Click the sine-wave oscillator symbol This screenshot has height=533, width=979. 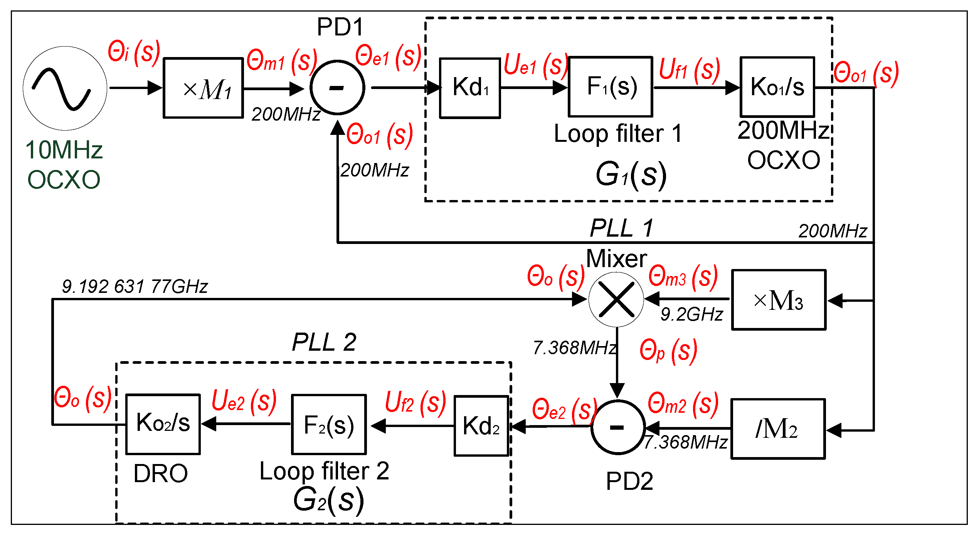pos(65,88)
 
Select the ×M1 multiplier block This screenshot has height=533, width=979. pos(203,88)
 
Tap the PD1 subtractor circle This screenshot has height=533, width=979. pos(337,88)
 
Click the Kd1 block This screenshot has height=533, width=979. pos(470,88)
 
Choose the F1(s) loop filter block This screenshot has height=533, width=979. pos(611,87)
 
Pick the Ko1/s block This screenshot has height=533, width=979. pos(777,87)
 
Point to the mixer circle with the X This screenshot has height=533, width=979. pos(616,299)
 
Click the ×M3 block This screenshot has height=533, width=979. pos(779,300)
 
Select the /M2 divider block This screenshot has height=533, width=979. pos(778,429)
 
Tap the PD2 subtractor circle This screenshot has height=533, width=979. pos(618,427)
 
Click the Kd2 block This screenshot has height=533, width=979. pos(481,426)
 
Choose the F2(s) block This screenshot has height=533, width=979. pos(329,425)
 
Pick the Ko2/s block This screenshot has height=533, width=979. pos(163,424)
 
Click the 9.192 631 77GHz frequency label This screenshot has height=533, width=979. pos(135,286)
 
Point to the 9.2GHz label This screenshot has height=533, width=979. pos(692,314)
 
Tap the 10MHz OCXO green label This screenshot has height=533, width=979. pos(64,165)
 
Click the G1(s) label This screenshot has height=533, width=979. pos(631,175)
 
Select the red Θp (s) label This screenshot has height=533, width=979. pos(668,351)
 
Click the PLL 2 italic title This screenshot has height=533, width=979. pos(324,342)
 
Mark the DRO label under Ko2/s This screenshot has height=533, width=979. pos(160,473)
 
